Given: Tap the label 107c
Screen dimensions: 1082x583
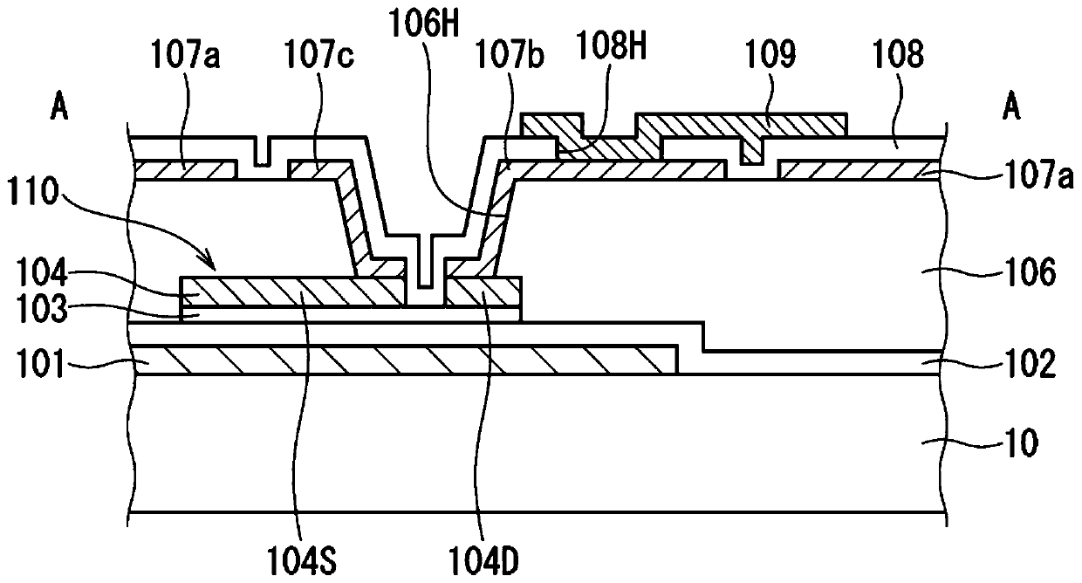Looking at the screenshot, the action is (x=318, y=55).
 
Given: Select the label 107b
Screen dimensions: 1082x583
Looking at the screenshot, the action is (x=510, y=55).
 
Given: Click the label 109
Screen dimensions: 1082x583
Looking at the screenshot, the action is (x=771, y=55).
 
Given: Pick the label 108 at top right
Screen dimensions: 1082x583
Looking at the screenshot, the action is (x=899, y=55).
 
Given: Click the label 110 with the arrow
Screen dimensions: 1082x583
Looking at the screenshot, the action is (x=33, y=193).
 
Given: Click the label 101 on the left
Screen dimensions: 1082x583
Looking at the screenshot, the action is (x=40, y=364).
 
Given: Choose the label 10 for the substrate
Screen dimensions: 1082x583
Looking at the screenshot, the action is (x=1021, y=442).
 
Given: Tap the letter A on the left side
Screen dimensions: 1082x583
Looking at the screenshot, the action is (x=59, y=107).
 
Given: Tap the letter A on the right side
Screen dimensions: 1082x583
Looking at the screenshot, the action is (x=1011, y=107).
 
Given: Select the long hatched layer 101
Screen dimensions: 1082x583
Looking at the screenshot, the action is (x=406, y=360).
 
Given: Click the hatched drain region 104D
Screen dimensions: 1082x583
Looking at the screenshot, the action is (x=484, y=291).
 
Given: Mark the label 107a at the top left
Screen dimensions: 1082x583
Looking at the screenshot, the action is (x=186, y=55).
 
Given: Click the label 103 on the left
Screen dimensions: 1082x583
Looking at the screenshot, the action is (x=42, y=310).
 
